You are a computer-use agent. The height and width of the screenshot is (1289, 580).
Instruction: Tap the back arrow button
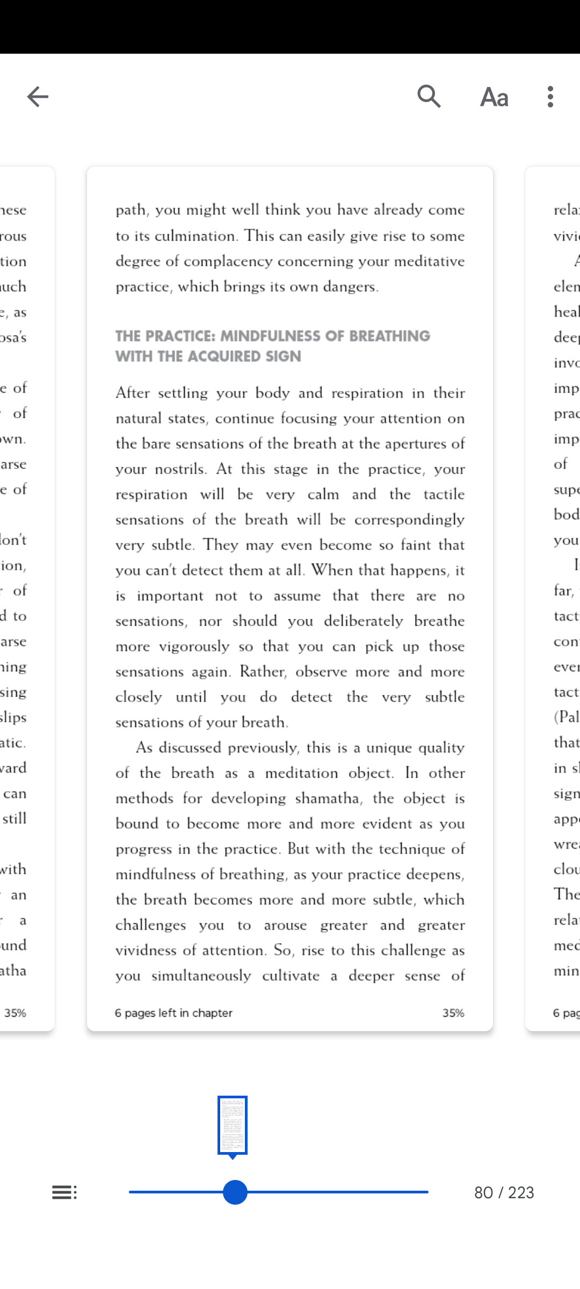click(x=38, y=97)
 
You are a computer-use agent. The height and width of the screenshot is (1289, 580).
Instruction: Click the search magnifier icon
click(x=429, y=97)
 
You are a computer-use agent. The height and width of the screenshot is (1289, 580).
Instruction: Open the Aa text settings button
click(x=494, y=97)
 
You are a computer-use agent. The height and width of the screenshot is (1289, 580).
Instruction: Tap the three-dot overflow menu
click(x=550, y=97)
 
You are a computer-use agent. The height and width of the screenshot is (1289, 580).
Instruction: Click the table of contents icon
click(x=64, y=1192)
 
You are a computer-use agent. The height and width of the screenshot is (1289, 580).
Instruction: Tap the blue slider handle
click(x=235, y=1192)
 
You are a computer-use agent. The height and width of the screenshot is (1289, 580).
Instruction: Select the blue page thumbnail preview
click(x=233, y=1125)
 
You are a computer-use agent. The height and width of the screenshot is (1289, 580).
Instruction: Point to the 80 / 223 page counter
click(x=504, y=1193)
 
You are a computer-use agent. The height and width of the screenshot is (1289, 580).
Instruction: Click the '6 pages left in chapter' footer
click(x=173, y=1013)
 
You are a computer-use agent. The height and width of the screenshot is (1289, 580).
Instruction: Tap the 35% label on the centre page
click(x=453, y=1013)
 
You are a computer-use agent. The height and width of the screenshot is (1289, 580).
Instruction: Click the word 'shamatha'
click(x=328, y=799)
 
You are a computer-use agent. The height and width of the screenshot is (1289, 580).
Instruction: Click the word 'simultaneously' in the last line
click(x=201, y=976)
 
